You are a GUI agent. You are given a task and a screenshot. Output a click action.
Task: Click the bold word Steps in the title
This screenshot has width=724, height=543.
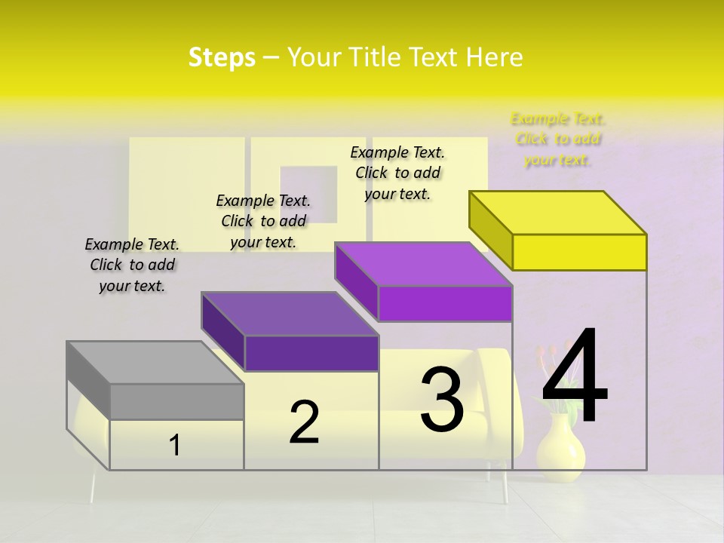tap(222, 57)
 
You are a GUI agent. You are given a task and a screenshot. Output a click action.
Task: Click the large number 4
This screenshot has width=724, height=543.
tap(575, 377)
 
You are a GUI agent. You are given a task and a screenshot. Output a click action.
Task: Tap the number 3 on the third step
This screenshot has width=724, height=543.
tap(442, 400)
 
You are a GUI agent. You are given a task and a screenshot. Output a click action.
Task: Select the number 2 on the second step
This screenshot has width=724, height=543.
tap(304, 422)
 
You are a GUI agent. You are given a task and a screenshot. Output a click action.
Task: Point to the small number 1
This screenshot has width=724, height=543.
tap(175, 446)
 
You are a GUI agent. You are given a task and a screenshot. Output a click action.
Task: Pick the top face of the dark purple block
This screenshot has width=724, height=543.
tap(290, 314)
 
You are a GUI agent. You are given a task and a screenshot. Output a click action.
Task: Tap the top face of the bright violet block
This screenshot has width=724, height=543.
tap(423, 264)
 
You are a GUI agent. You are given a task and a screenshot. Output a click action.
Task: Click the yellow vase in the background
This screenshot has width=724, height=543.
tap(560, 449)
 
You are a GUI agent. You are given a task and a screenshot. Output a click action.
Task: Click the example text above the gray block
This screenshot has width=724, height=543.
tap(132, 265)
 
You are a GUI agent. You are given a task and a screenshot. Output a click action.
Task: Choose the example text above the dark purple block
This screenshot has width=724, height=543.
tap(263, 221)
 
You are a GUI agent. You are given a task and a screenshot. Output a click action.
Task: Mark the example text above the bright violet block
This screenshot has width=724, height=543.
tap(397, 173)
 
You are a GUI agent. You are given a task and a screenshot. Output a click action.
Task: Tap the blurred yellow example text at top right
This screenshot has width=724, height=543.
tap(558, 139)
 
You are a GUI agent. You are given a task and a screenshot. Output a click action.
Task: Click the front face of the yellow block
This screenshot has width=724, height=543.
tap(579, 252)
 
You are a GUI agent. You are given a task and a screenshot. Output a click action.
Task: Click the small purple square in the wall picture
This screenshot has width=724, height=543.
tap(308, 194)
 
